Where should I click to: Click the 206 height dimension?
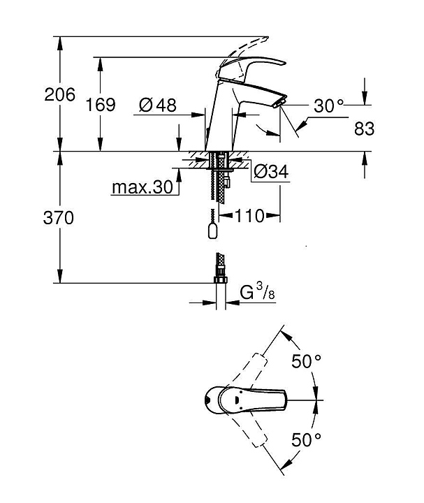click(x=59, y=94)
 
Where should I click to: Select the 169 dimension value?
click(x=101, y=105)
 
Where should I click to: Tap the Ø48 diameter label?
click(x=157, y=105)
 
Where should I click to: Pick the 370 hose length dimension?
click(x=59, y=217)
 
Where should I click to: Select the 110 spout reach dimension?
click(x=249, y=216)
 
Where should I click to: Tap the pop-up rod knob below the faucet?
click(x=213, y=231)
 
